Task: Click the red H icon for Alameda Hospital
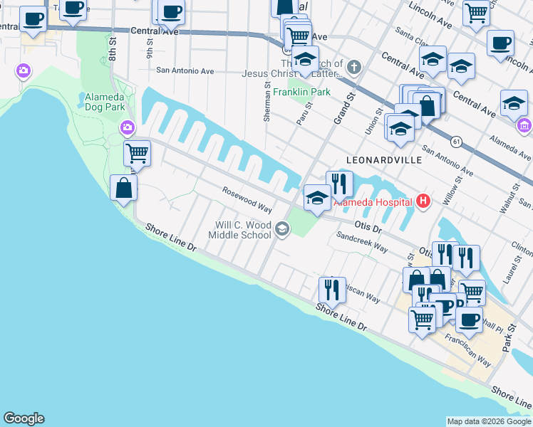pyautogui.click(x=424, y=201)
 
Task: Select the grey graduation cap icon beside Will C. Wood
pyautogui.click(x=282, y=228)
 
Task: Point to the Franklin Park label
pyautogui.click(x=301, y=93)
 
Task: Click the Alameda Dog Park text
pyautogui.click(x=105, y=102)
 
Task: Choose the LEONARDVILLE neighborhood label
pyautogui.click(x=383, y=160)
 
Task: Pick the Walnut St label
pyautogui.click(x=510, y=196)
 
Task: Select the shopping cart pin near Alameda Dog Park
pyautogui.click(x=137, y=152)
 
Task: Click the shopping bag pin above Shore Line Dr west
pyautogui.click(x=124, y=188)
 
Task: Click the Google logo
pyautogui.click(x=24, y=418)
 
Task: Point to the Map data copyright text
pyautogui.click(x=489, y=421)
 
